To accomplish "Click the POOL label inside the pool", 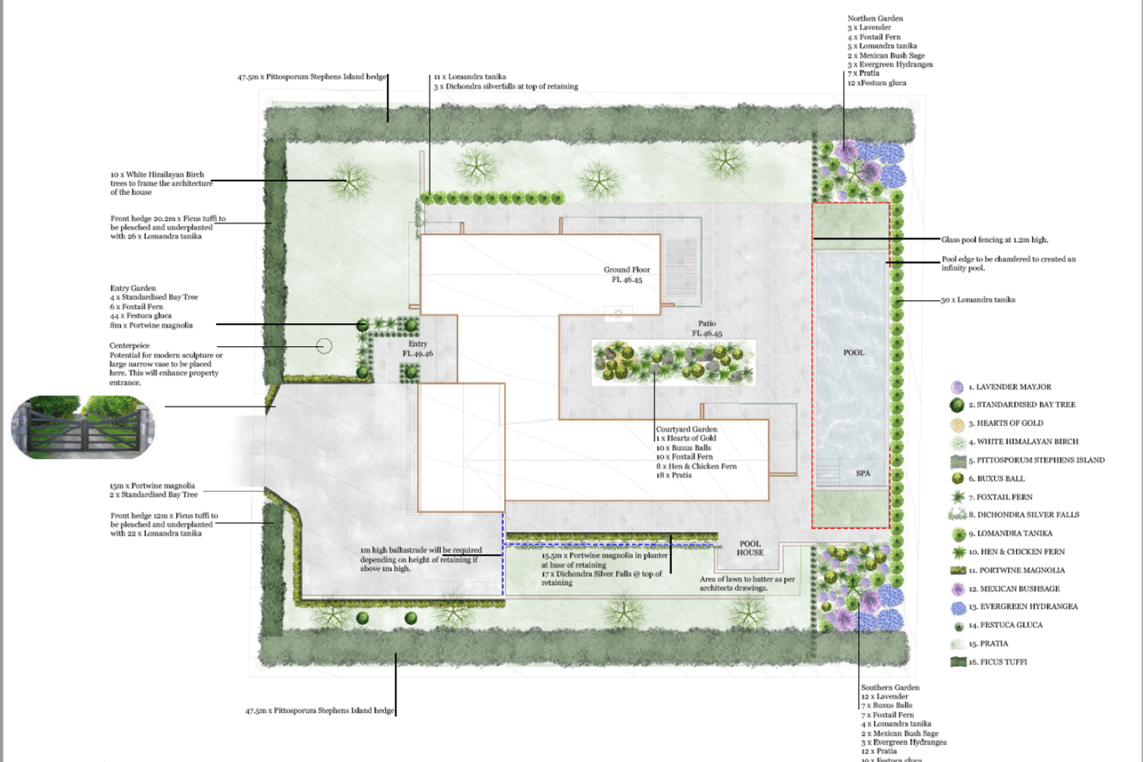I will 854,352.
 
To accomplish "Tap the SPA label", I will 863,473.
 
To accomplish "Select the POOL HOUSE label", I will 749,548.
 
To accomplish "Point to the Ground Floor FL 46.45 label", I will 627,274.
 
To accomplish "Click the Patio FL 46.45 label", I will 707,329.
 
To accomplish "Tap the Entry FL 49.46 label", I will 417,349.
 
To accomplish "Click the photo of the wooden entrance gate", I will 83,427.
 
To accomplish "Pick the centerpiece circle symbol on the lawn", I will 324,346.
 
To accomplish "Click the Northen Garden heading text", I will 875,18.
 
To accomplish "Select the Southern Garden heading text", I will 890,688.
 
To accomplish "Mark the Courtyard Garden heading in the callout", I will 686,429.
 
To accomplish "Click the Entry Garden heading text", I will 133,288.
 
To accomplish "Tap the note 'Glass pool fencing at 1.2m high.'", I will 994,240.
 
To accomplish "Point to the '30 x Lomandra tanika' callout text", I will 978,300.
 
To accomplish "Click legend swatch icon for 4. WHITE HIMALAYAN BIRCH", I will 957,442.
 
